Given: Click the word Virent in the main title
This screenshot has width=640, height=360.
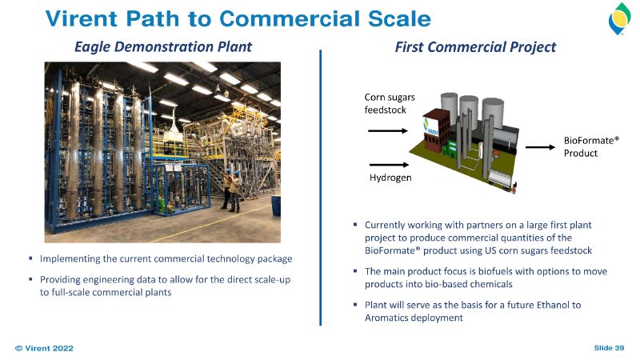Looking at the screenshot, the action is tap(82, 18).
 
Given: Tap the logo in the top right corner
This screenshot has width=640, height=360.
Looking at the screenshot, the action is tap(619, 18).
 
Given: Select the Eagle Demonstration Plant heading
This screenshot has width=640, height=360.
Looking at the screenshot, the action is tap(163, 47).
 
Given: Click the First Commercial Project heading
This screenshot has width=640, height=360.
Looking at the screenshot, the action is tap(475, 47).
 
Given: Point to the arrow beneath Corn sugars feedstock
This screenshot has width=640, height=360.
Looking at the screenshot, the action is tap(388, 130).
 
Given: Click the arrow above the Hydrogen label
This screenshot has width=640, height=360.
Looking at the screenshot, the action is tap(389, 165).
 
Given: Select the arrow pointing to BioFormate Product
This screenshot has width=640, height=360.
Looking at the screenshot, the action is tap(540, 147).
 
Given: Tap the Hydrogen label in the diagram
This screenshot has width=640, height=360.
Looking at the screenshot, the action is tap(390, 178).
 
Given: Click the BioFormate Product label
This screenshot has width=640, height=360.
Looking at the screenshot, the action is tap(591, 146).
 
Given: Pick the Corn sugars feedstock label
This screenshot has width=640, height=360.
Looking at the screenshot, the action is tap(390, 103).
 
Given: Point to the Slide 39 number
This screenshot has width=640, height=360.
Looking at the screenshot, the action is tap(609, 348).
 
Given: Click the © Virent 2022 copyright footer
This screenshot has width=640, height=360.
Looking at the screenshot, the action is tap(44, 348).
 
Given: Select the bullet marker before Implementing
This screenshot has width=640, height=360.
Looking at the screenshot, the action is tap(30, 258).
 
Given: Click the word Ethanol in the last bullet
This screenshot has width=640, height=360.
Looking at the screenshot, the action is tap(552, 305).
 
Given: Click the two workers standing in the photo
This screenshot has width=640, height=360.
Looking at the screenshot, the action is tap(231, 190).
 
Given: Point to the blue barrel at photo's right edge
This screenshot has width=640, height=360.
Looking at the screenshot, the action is tap(276, 206).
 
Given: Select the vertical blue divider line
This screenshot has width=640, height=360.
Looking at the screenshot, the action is tap(321, 188).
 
